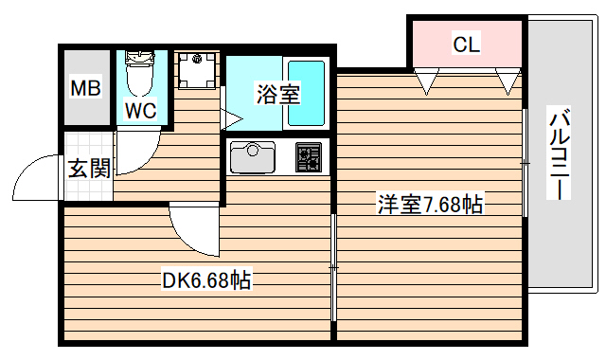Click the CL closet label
pyautogui.click(x=466, y=44)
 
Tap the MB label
pyautogui.click(x=86, y=91)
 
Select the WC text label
pyautogui.click(x=141, y=110)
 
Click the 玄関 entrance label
pyautogui.click(x=88, y=169)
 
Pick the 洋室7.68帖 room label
pyautogui.click(x=430, y=204)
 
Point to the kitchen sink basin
pyautogui.click(x=252, y=156)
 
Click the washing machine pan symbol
pyautogui.click(x=196, y=68)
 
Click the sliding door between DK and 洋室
pyautogui.click(x=333, y=270)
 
